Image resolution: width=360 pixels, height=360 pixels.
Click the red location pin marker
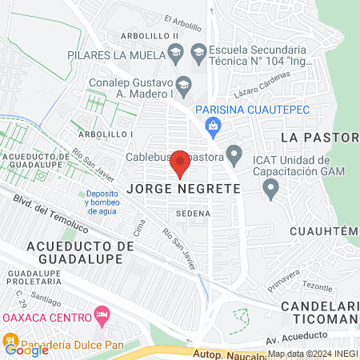(180, 163)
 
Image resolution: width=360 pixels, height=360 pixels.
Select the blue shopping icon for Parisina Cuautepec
(213, 125)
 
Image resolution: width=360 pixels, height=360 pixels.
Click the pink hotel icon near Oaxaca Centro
(101, 314)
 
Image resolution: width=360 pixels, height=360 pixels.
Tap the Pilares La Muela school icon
(177, 54)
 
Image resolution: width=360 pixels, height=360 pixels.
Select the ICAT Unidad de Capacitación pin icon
(271, 189)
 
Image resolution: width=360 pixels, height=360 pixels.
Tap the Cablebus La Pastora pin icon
(234, 152)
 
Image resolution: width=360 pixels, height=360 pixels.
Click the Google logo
(26, 349)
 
